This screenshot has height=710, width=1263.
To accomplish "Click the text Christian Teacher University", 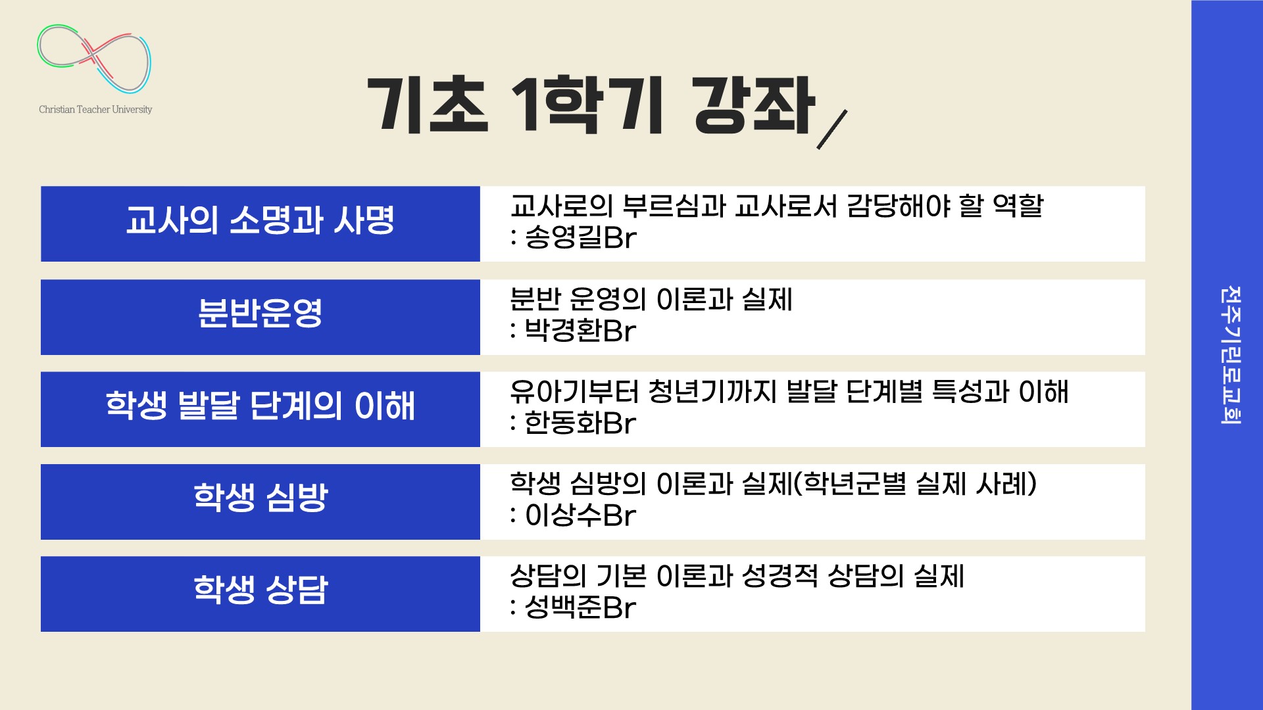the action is [95, 110].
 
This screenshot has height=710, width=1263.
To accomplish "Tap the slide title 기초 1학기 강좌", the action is [591, 105].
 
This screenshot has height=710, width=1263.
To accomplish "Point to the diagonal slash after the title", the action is [832, 130].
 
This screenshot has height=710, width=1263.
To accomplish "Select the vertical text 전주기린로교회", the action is [1230, 355].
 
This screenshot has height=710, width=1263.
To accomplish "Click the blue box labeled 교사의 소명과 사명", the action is [260, 224].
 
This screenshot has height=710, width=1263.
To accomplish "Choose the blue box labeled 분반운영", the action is [260, 317].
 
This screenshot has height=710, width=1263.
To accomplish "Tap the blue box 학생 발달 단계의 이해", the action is [260, 409].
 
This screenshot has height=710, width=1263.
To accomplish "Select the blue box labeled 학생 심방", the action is [260, 502].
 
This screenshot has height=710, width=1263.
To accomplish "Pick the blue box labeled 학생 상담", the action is [260, 594].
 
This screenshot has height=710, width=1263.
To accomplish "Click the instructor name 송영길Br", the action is [581, 238].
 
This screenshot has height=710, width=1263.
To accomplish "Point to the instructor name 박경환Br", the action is [580, 331].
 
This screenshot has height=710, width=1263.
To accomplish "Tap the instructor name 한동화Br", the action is [580, 423].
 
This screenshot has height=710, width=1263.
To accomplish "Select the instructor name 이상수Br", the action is [580, 515].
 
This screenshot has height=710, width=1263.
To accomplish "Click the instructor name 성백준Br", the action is [580, 607].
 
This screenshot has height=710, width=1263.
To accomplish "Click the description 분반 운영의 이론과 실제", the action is [651, 299].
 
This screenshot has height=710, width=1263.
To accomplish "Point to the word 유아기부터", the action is [574, 392].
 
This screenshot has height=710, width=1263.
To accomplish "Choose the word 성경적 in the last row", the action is [780, 577].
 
